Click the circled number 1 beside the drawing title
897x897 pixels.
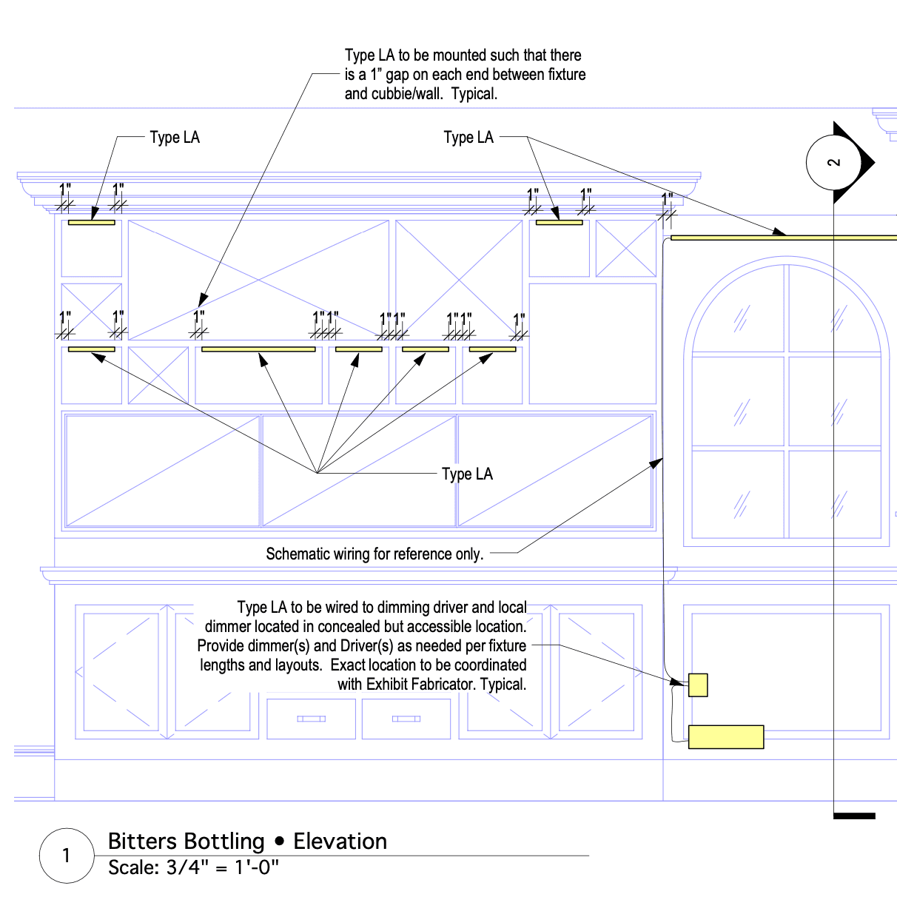click(67, 856)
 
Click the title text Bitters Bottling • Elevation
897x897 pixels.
click(247, 841)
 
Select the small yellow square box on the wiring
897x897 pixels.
click(698, 685)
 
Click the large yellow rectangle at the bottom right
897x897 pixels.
click(726, 737)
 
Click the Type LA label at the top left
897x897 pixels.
click(175, 138)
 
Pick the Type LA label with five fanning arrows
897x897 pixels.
click(467, 474)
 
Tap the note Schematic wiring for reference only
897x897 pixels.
click(374, 554)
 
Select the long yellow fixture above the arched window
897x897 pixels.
click(783, 238)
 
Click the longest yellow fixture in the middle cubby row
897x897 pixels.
click(258, 349)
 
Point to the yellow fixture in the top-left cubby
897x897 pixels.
click(91, 222)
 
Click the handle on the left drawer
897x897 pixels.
click(311, 719)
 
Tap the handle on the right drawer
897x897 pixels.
click(406, 719)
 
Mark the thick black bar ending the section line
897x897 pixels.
click(854, 816)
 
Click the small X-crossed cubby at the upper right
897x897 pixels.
click(626, 249)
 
